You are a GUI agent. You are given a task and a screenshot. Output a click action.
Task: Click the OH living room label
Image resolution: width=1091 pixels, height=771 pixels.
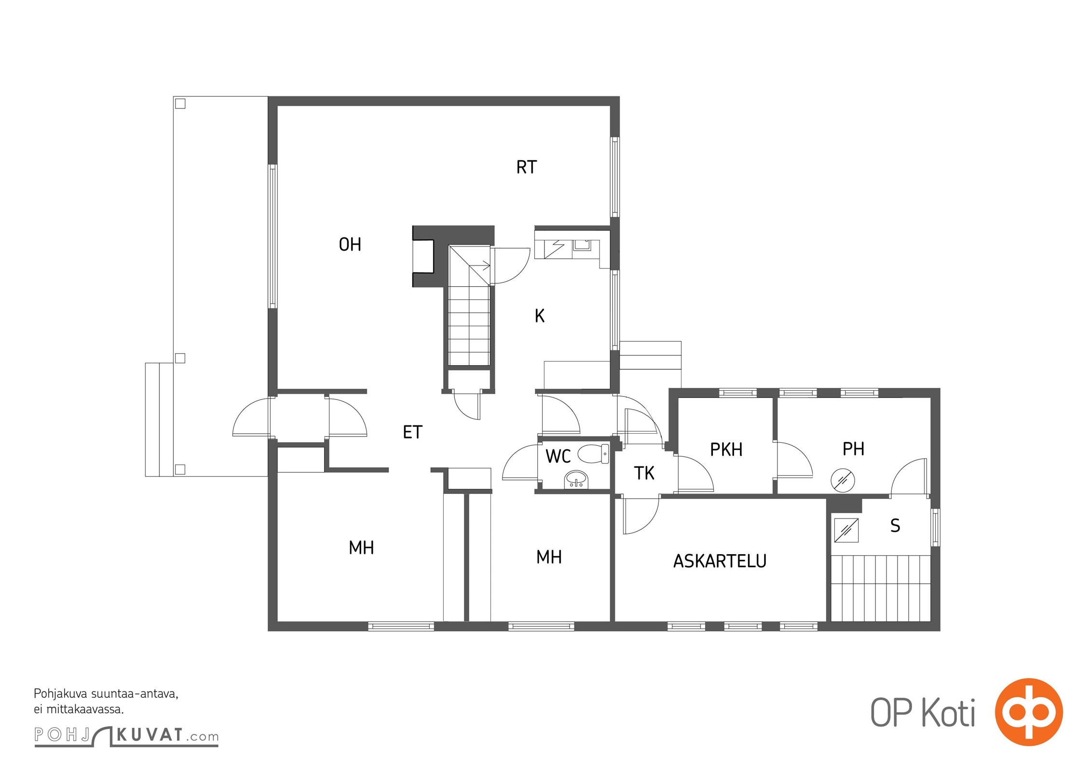click(x=350, y=245)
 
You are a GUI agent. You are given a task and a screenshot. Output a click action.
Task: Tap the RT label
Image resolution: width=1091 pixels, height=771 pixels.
click(x=526, y=167)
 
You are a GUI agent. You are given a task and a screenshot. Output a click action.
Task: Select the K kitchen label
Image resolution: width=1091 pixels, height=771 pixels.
click(x=540, y=316)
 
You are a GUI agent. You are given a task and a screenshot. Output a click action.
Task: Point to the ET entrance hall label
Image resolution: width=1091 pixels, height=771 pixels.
click(x=412, y=432)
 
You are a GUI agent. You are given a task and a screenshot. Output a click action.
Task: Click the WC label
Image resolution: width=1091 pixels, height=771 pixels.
click(x=558, y=456)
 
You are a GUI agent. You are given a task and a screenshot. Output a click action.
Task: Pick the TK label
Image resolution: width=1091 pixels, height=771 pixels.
click(x=644, y=473)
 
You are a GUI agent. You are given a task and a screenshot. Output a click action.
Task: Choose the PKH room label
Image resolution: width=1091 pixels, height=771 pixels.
click(x=726, y=450)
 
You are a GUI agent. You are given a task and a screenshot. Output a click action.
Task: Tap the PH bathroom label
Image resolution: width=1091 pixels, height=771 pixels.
click(x=853, y=449)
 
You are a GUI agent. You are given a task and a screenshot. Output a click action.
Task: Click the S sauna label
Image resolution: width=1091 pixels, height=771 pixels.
click(x=895, y=525)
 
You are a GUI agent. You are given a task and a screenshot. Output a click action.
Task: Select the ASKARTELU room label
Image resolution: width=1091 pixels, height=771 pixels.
click(x=720, y=561)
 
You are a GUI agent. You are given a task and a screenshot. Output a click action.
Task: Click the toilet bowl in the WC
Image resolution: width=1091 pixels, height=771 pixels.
click(x=593, y=454)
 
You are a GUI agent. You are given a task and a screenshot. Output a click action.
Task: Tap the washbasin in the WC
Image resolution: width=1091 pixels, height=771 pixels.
click(x=576, y=479)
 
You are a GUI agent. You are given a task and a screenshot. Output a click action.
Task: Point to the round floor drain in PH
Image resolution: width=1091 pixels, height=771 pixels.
click(x=843, y=480)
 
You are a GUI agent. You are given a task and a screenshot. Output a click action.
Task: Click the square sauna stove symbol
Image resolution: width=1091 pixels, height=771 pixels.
click(x=846, y=530)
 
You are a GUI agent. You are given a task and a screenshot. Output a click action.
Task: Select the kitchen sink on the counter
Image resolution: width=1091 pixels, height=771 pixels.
click(x=581, y=245)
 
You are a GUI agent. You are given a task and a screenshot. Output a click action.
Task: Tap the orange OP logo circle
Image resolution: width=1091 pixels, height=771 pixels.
click(x=1029, y=712)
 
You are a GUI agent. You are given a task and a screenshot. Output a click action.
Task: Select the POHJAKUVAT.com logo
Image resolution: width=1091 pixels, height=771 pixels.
click(x=126, y=736)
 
